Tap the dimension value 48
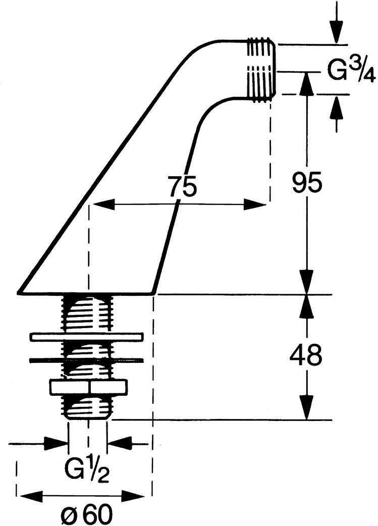pyautogui.click(x=306, y=356)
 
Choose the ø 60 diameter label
pyautogui.click(x=85, y=514)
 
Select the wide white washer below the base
pyautogui.click(x=87, y=336)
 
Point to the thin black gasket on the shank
pyautogui.click(x=86, y=360)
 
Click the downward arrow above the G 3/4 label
pyautogui.click(x=337, y=33)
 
